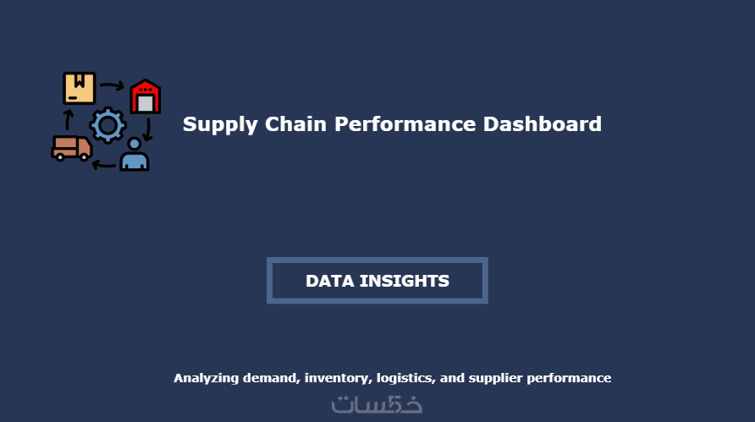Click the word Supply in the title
click(x=221, y=125)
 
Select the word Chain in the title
click(x=295, y=123)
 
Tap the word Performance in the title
click(x=405, y=123)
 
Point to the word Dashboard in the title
click(x=543, y=123)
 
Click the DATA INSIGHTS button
click(x=377, y=281)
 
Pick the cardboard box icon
click(x=80, y=88)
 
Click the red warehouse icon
click(x=146, y=96)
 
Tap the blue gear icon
click(x=107, y=125)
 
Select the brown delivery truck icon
click(x=72, y=148)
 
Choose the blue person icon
click(x=135, y=155)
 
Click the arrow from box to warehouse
click(x=113, y=86)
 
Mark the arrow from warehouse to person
click(x=148, y=129)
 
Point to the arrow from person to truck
click(x=103, y=166)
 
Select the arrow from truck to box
click(x=69, y=119)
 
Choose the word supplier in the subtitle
click(x=495, y=379)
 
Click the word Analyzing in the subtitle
click(x=206, y=379)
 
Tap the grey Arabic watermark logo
click(x=377, y=405)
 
